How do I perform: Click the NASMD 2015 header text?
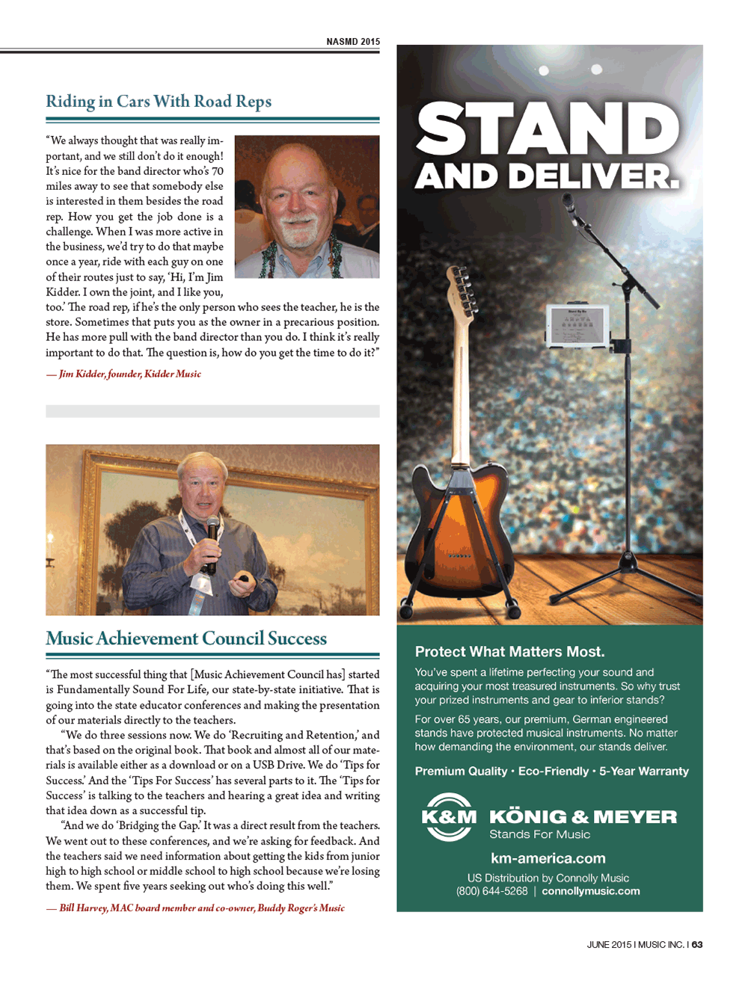352,42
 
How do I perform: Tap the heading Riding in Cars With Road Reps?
159,102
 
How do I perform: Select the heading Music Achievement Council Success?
186,638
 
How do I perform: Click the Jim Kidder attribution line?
124,374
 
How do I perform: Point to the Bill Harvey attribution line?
196,908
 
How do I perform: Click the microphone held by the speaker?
212,537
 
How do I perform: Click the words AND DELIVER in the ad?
547,176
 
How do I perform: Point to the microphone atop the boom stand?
570,204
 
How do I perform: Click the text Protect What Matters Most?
509,652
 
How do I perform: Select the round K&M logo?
448,817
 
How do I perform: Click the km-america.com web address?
548,858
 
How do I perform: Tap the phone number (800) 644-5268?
491,891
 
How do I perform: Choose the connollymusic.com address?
591,891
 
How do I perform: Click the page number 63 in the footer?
697,945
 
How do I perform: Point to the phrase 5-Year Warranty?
644,771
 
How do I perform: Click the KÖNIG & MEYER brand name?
583,817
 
